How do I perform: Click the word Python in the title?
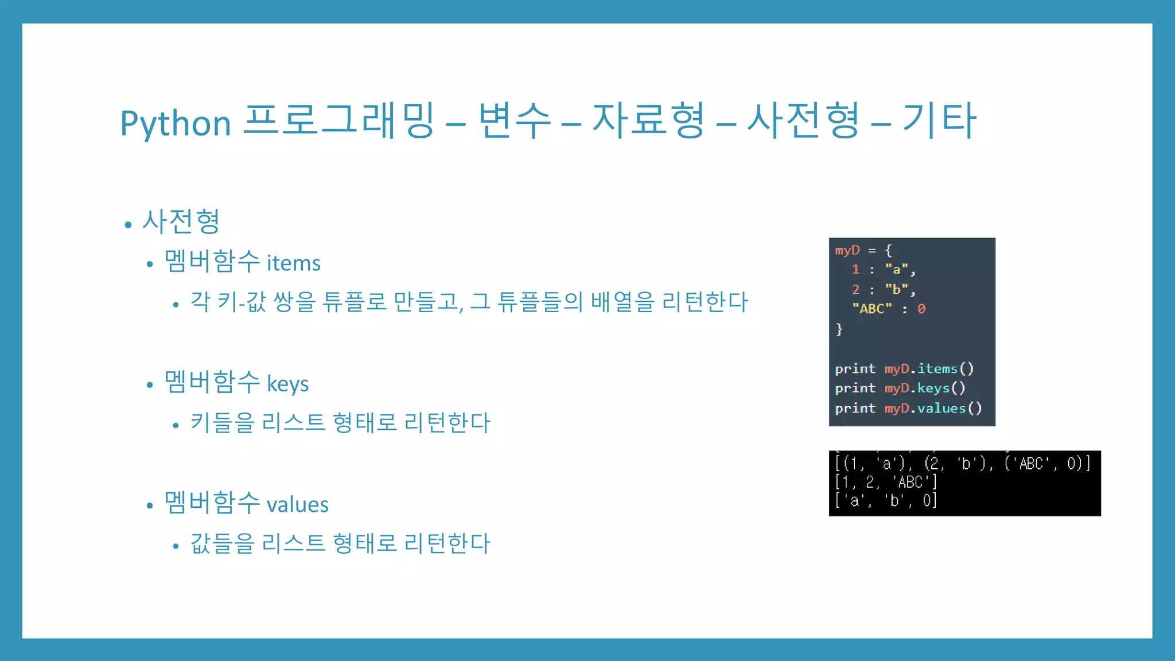[x=175, y=123]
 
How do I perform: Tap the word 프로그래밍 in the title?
[x=339, y=120]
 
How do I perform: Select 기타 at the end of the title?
[x=939, y=120]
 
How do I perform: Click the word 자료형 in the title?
[x=648, y=120]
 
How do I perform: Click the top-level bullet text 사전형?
[x=181, y=221]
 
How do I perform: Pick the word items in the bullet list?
[x=293, y=263]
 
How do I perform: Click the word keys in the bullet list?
[x=287, y=384]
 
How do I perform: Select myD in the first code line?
[x=847, y=250]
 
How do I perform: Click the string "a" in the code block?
[x=896, y=269]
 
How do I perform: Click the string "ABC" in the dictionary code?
[x=871, y=309]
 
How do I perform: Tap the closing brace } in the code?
[x=839, y=329]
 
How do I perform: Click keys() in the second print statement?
[x=941, y=388]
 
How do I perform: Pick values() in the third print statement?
[x=949, y=408]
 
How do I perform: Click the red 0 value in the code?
[x=921, y=309]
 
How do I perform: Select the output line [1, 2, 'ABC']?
[x=886, y=482]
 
